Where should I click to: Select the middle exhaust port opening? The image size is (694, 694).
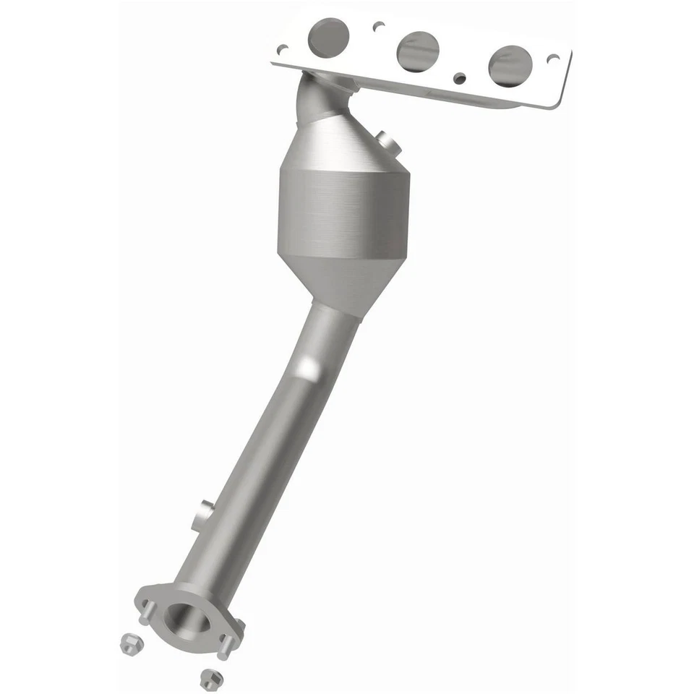pyautogui.click(x=418, y=51)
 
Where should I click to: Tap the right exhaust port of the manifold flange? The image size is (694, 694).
pyautogui.click(x=510, y=65)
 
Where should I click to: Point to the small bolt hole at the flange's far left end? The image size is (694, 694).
pyautogui.click(x=283, y=49)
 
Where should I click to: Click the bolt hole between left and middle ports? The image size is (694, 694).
pyautogui.click(x=378, y=27)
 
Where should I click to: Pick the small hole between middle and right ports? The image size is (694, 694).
pyautogui.click(x=458, y=77)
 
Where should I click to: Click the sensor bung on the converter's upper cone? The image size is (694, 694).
pyautogui.click(x=388, y=142)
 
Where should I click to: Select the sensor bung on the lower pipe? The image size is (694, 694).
pyautogui.click(x=203, y=515)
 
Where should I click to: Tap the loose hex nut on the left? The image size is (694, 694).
pyautogui.click(x=129, y=641)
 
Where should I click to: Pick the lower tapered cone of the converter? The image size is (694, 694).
pyautogui.click(x=340, y=282)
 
